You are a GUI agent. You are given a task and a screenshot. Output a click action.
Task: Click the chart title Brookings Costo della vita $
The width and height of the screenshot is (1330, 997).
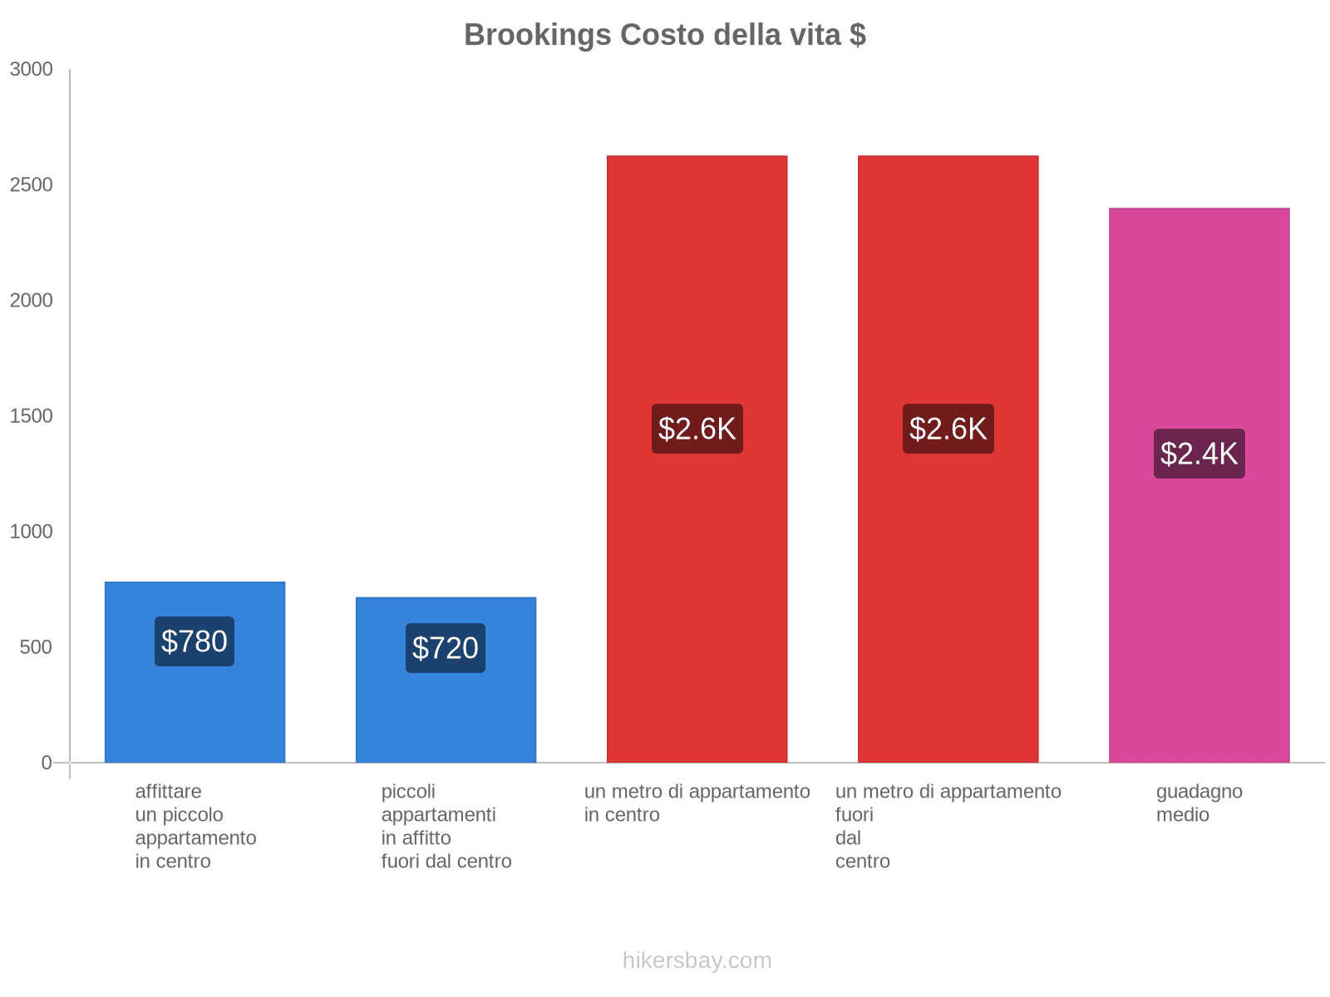(665, 35)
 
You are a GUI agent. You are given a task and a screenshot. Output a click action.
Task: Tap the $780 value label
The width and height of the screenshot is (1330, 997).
(195, 641)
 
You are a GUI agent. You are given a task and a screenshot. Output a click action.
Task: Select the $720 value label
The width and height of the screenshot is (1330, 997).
(446, 648)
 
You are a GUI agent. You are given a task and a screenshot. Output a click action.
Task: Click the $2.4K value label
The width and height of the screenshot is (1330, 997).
(1199, 454)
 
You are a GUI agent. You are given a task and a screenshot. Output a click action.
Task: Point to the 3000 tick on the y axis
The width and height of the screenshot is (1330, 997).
(32, 70)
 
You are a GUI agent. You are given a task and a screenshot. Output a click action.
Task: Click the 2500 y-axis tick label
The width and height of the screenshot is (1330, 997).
(32, 185)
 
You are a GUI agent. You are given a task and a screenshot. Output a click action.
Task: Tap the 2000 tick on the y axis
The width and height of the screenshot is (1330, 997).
(32, 301)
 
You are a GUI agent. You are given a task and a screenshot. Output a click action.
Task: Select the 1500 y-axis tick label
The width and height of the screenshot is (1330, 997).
(32, 416)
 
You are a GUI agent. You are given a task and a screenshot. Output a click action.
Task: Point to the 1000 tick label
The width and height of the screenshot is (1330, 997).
(32, 532)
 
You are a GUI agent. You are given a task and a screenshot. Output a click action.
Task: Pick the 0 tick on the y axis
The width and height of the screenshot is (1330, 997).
(47, 763)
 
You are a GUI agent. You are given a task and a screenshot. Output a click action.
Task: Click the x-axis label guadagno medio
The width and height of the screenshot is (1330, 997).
(1199, 803)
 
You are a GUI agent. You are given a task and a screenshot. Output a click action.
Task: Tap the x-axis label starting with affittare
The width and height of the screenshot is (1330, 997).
(195, 827)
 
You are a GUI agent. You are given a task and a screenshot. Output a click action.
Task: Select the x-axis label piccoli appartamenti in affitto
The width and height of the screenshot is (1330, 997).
(446, 827)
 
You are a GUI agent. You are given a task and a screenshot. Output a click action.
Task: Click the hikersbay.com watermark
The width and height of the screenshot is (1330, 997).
(697, 960)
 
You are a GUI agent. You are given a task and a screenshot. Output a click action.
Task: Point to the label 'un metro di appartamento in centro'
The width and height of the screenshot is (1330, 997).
(697, 803)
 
